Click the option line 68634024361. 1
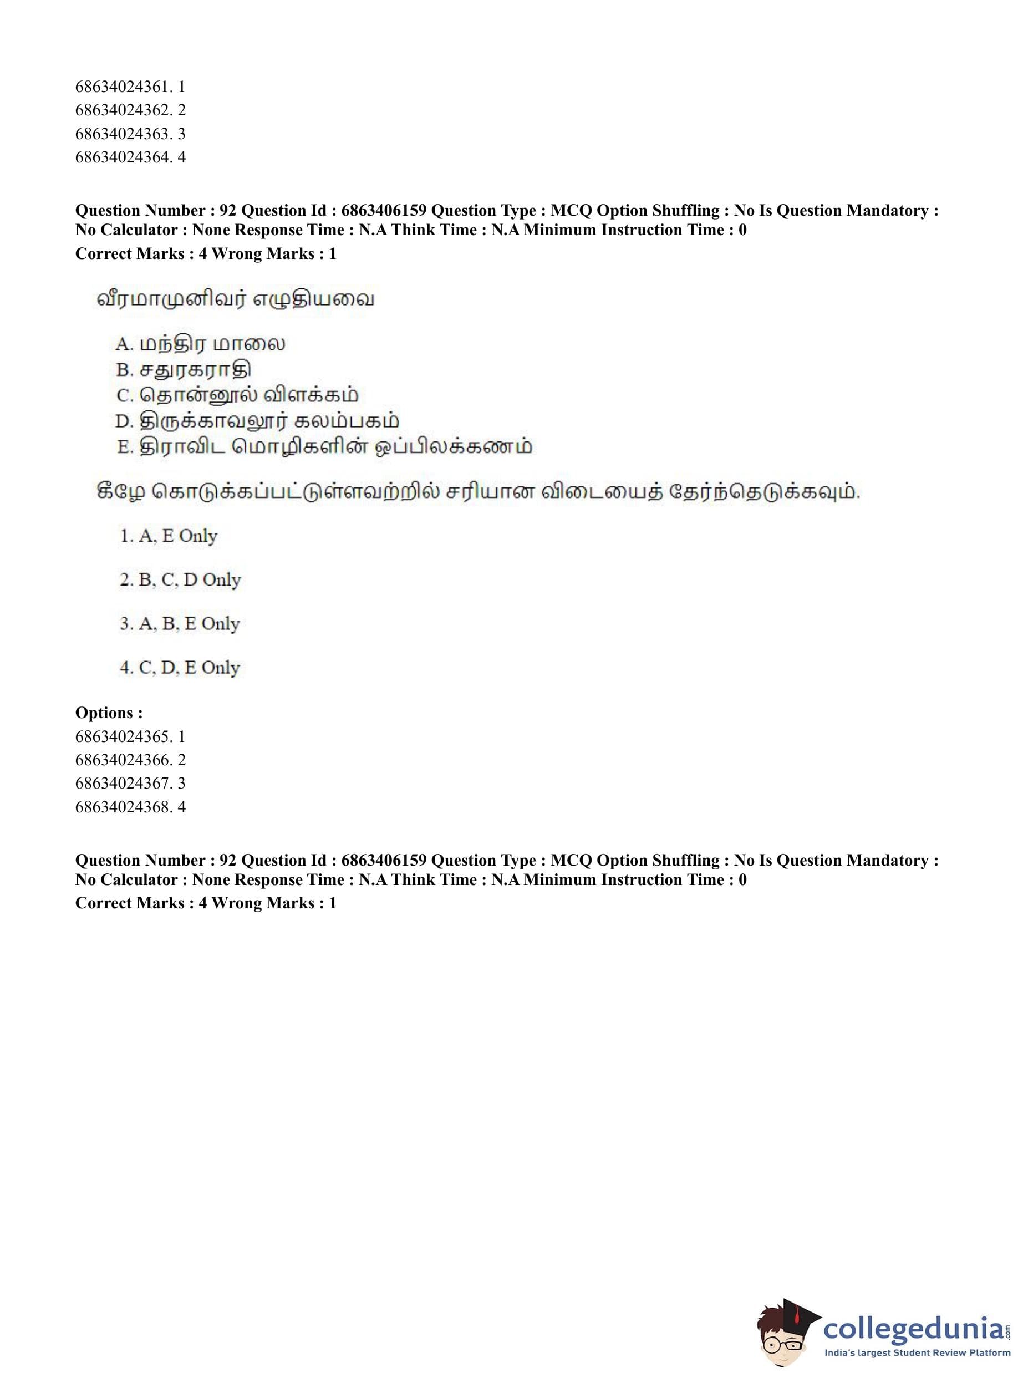coord(130,87)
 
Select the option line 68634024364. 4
coord(130,157)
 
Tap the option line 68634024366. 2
coord(130,760)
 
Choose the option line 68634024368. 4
coord(130,807)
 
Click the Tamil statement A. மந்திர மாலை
coord(200,344)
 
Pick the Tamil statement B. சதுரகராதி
coord(183,370)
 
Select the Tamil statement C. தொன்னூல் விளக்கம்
coord(237,395)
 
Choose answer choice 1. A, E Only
coord(168,536)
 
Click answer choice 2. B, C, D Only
coord(180,580)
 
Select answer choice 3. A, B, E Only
coord(179,624)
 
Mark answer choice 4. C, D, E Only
coord(179,668)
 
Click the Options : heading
coord(109,713)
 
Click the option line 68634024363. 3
coord(130,134)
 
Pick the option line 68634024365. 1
coord(130,736)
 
